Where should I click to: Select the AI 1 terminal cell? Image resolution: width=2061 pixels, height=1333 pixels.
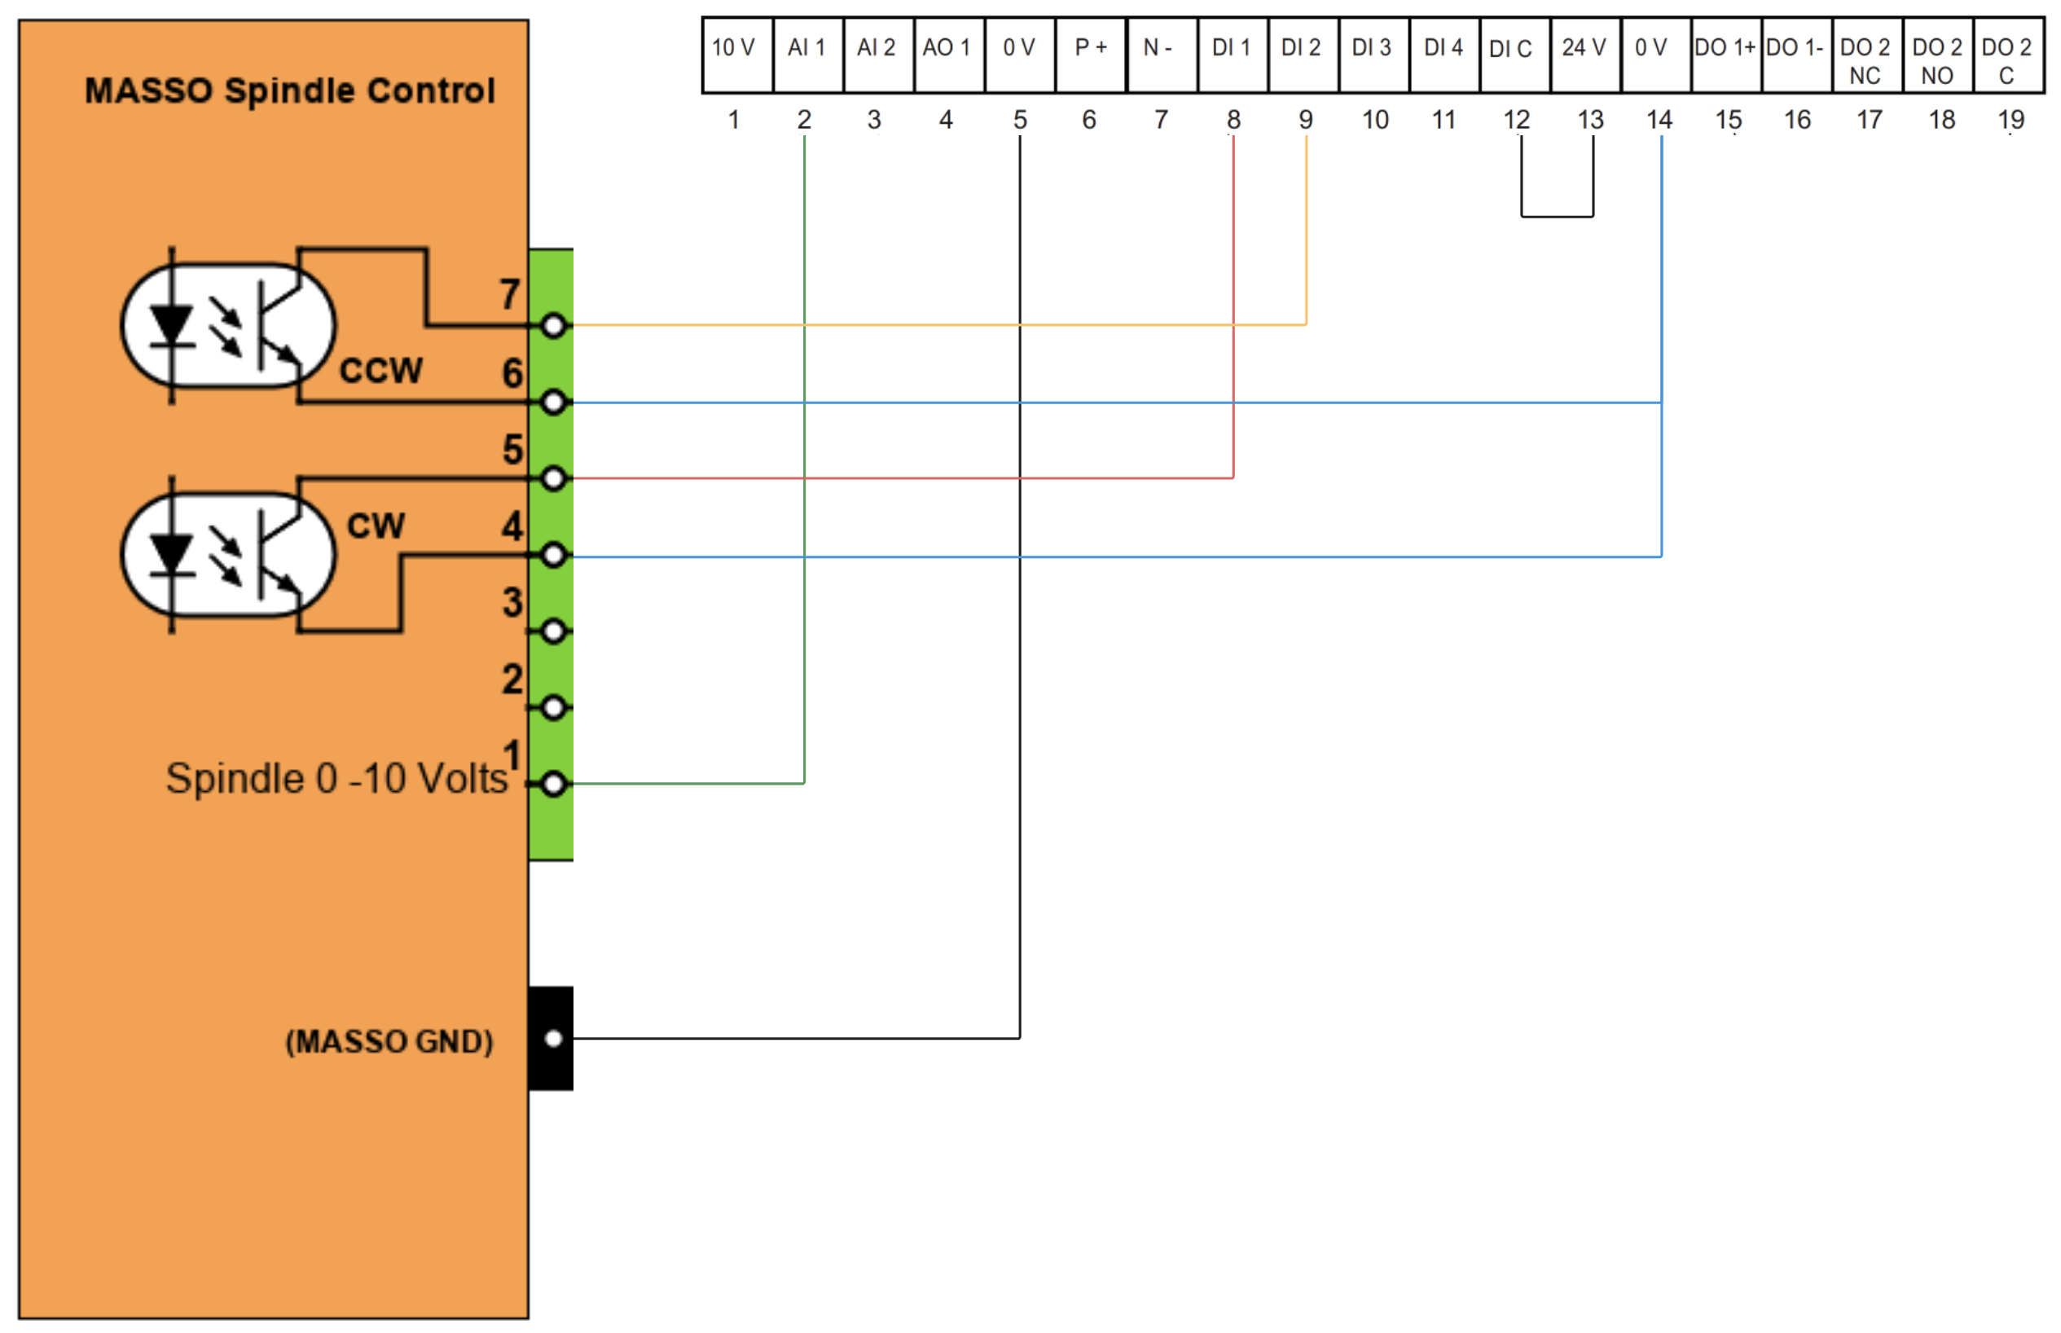click(806, 54)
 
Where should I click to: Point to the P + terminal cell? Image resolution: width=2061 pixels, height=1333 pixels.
click(1089, 54)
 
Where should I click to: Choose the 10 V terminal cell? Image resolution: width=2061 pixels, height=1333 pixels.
click(736, 54)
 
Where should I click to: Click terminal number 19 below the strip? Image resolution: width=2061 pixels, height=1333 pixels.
click(2010, 121)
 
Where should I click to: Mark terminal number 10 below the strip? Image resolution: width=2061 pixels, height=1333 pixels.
click(1375, 121)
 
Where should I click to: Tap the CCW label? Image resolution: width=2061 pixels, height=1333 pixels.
click(380, 371)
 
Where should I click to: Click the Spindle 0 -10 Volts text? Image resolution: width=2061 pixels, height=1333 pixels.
click(336, 778)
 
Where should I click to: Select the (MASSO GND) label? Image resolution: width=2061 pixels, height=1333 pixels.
click(389, 1040)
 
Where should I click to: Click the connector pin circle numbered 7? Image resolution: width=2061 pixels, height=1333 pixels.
click(554, 325)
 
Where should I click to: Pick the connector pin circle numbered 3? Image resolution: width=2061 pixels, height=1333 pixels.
click(554, 631)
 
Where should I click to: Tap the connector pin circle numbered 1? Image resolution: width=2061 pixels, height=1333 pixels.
click(554, 784)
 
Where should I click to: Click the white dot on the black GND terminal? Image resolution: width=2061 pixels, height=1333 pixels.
click(554, 1038)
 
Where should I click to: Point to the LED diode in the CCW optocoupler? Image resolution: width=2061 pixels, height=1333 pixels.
click(171, 328)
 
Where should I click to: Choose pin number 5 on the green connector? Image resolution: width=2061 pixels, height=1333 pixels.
click(512, 450)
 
